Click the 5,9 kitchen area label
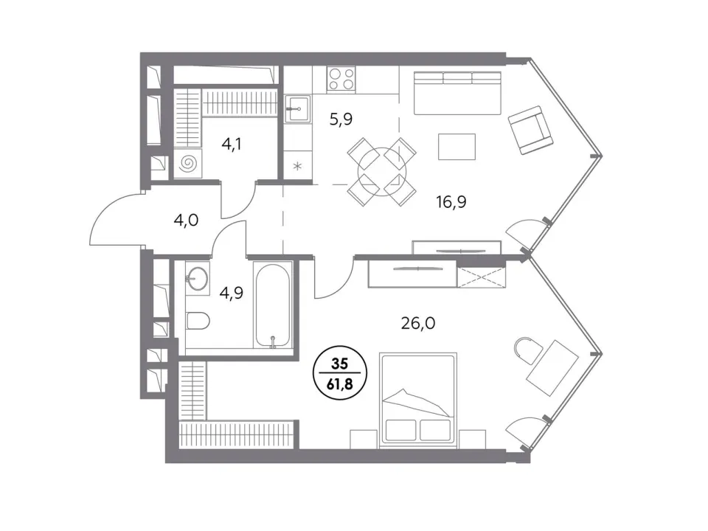coord(341,119)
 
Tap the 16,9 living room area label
coord(451,201)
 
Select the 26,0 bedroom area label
coord(418,323)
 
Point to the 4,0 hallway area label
coord(186,221)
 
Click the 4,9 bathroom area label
coord(231,293)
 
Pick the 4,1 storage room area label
coord(232,144)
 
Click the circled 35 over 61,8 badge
coord(340,373)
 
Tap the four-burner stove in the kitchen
coord(341,79)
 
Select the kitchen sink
coord(297,109)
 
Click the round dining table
coord(382,172)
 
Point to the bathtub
coord(273,305)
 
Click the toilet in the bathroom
coord(198,321)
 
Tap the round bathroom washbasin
coord(197,278)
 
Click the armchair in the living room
coord(531,130)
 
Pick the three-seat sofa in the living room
coord(457,93)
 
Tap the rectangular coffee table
coord(457,146)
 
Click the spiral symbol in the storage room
coord(188,163)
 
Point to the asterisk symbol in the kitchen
coord(297,167)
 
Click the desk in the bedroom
coord(553,368)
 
